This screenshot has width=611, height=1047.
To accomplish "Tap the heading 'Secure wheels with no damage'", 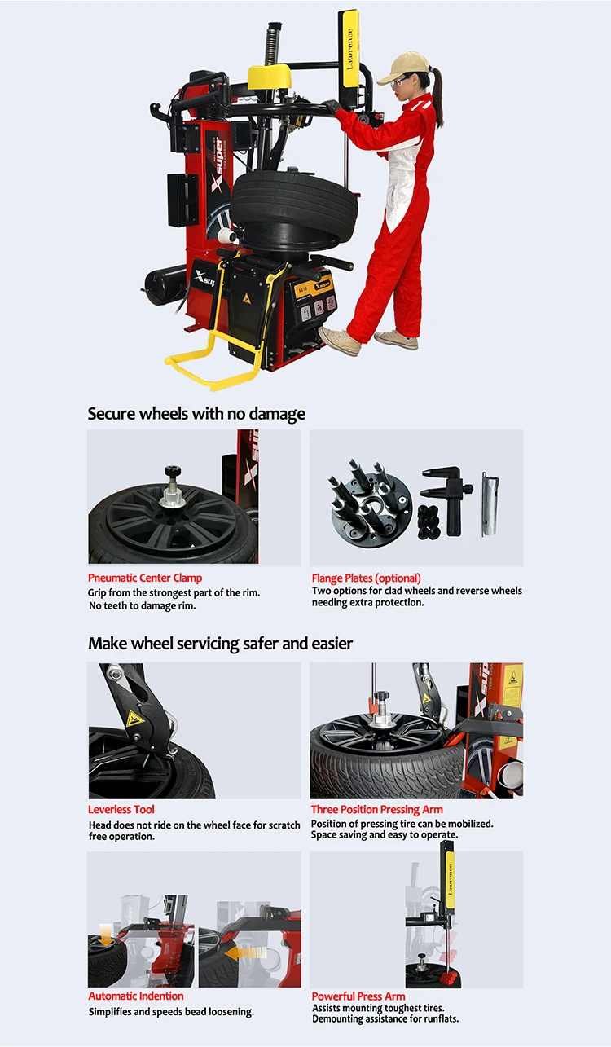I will [196, 413].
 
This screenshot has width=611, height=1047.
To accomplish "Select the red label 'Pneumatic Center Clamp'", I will [145, 578].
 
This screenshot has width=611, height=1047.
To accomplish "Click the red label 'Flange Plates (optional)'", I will [366, 578].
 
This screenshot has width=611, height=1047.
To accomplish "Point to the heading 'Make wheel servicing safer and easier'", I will [220, 643].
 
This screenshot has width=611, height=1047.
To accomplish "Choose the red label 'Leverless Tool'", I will [121, 809].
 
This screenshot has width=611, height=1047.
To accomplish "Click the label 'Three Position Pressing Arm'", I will [377, 809].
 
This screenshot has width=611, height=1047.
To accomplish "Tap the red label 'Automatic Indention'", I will [136, 996].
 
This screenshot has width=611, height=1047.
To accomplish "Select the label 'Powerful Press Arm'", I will [358, 996].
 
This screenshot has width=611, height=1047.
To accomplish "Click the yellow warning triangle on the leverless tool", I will [133, 719].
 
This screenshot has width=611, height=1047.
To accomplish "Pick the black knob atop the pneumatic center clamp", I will [172, 473].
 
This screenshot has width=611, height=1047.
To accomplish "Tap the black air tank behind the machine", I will [164, 285].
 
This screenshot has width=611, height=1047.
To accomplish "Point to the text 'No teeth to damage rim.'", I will [142, 605].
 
